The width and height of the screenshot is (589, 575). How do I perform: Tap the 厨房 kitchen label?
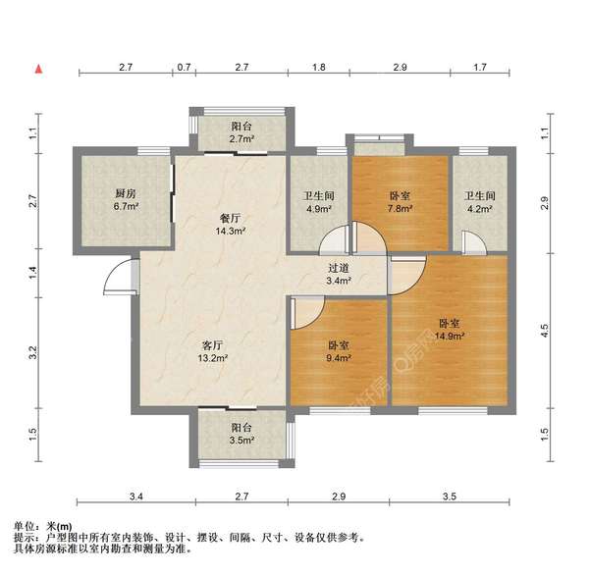click(126, 193)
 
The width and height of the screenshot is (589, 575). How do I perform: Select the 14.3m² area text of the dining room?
click(232, 233)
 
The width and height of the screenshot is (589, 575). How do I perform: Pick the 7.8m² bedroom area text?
click(401, 208)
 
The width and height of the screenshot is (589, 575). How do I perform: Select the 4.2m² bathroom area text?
click(479, 208)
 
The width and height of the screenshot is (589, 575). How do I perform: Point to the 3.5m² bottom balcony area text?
click(241, 442)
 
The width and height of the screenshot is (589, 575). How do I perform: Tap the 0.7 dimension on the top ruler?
click(184, 68)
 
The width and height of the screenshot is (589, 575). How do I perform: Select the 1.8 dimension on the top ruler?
click(319, 68)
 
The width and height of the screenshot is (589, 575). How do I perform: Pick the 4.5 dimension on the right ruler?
click(545, 333)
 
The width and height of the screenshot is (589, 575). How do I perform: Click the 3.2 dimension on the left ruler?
click(32, 349)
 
